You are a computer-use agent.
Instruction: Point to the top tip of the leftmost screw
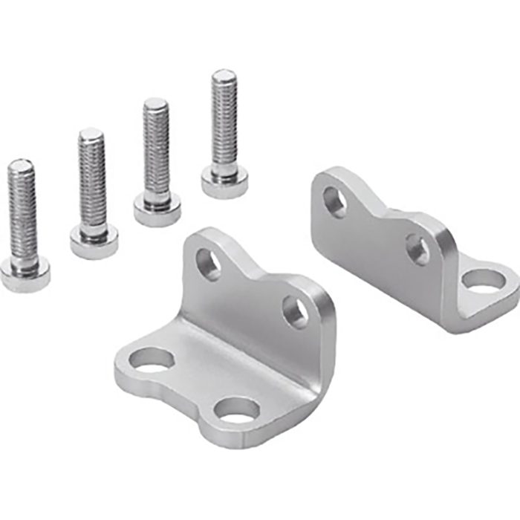point(20,164)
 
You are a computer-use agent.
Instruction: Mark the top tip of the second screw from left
point(91,134)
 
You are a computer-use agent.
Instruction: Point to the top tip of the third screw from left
point(155,103)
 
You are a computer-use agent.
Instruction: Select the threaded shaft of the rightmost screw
point(224,123)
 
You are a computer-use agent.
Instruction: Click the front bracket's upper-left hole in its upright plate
point(208,264)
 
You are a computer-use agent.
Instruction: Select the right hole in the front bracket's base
point(237,409)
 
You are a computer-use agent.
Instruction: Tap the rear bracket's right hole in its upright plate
point(418,250)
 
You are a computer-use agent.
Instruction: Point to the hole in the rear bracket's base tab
point(482,280)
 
